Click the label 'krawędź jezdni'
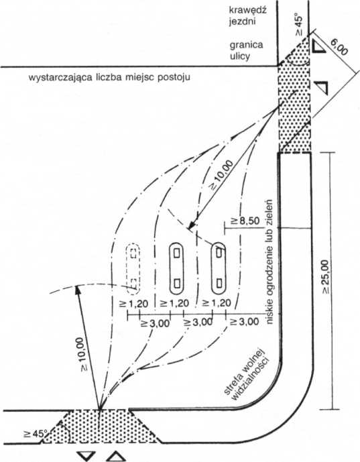(x=248, y=16)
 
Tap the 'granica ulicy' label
(x=246, y=50)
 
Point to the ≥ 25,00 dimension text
(x=326, y=277)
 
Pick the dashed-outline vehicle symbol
(x=133, y=269)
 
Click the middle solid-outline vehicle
(x=176, y=268)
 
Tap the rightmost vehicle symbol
(x=219, y=268)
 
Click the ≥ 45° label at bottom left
(x=36, y=435)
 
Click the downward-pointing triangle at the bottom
(x=87, y=455)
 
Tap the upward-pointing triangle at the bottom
(x=116, y=455)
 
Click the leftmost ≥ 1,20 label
(x=133, y=304)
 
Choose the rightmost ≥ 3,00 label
(x=245, y=322)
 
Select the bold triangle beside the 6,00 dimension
(x=318, y=46)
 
